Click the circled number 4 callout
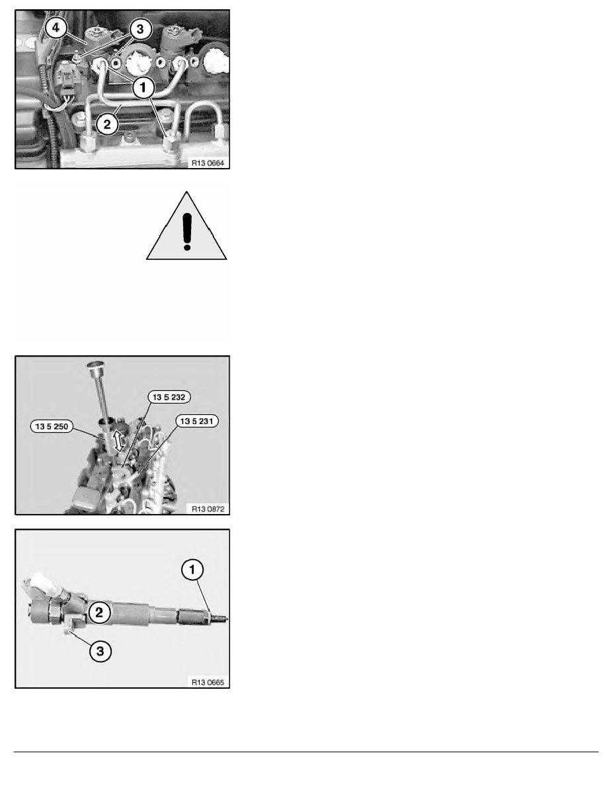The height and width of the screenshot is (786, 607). (x=56, y=28)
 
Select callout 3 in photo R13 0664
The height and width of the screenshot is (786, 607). (x=138, y=29)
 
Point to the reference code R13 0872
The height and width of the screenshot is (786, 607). (x=207, y=507)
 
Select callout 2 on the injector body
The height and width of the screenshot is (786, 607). (x=99, y=613)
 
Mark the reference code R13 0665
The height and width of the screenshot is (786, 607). (x=207, y=681)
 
